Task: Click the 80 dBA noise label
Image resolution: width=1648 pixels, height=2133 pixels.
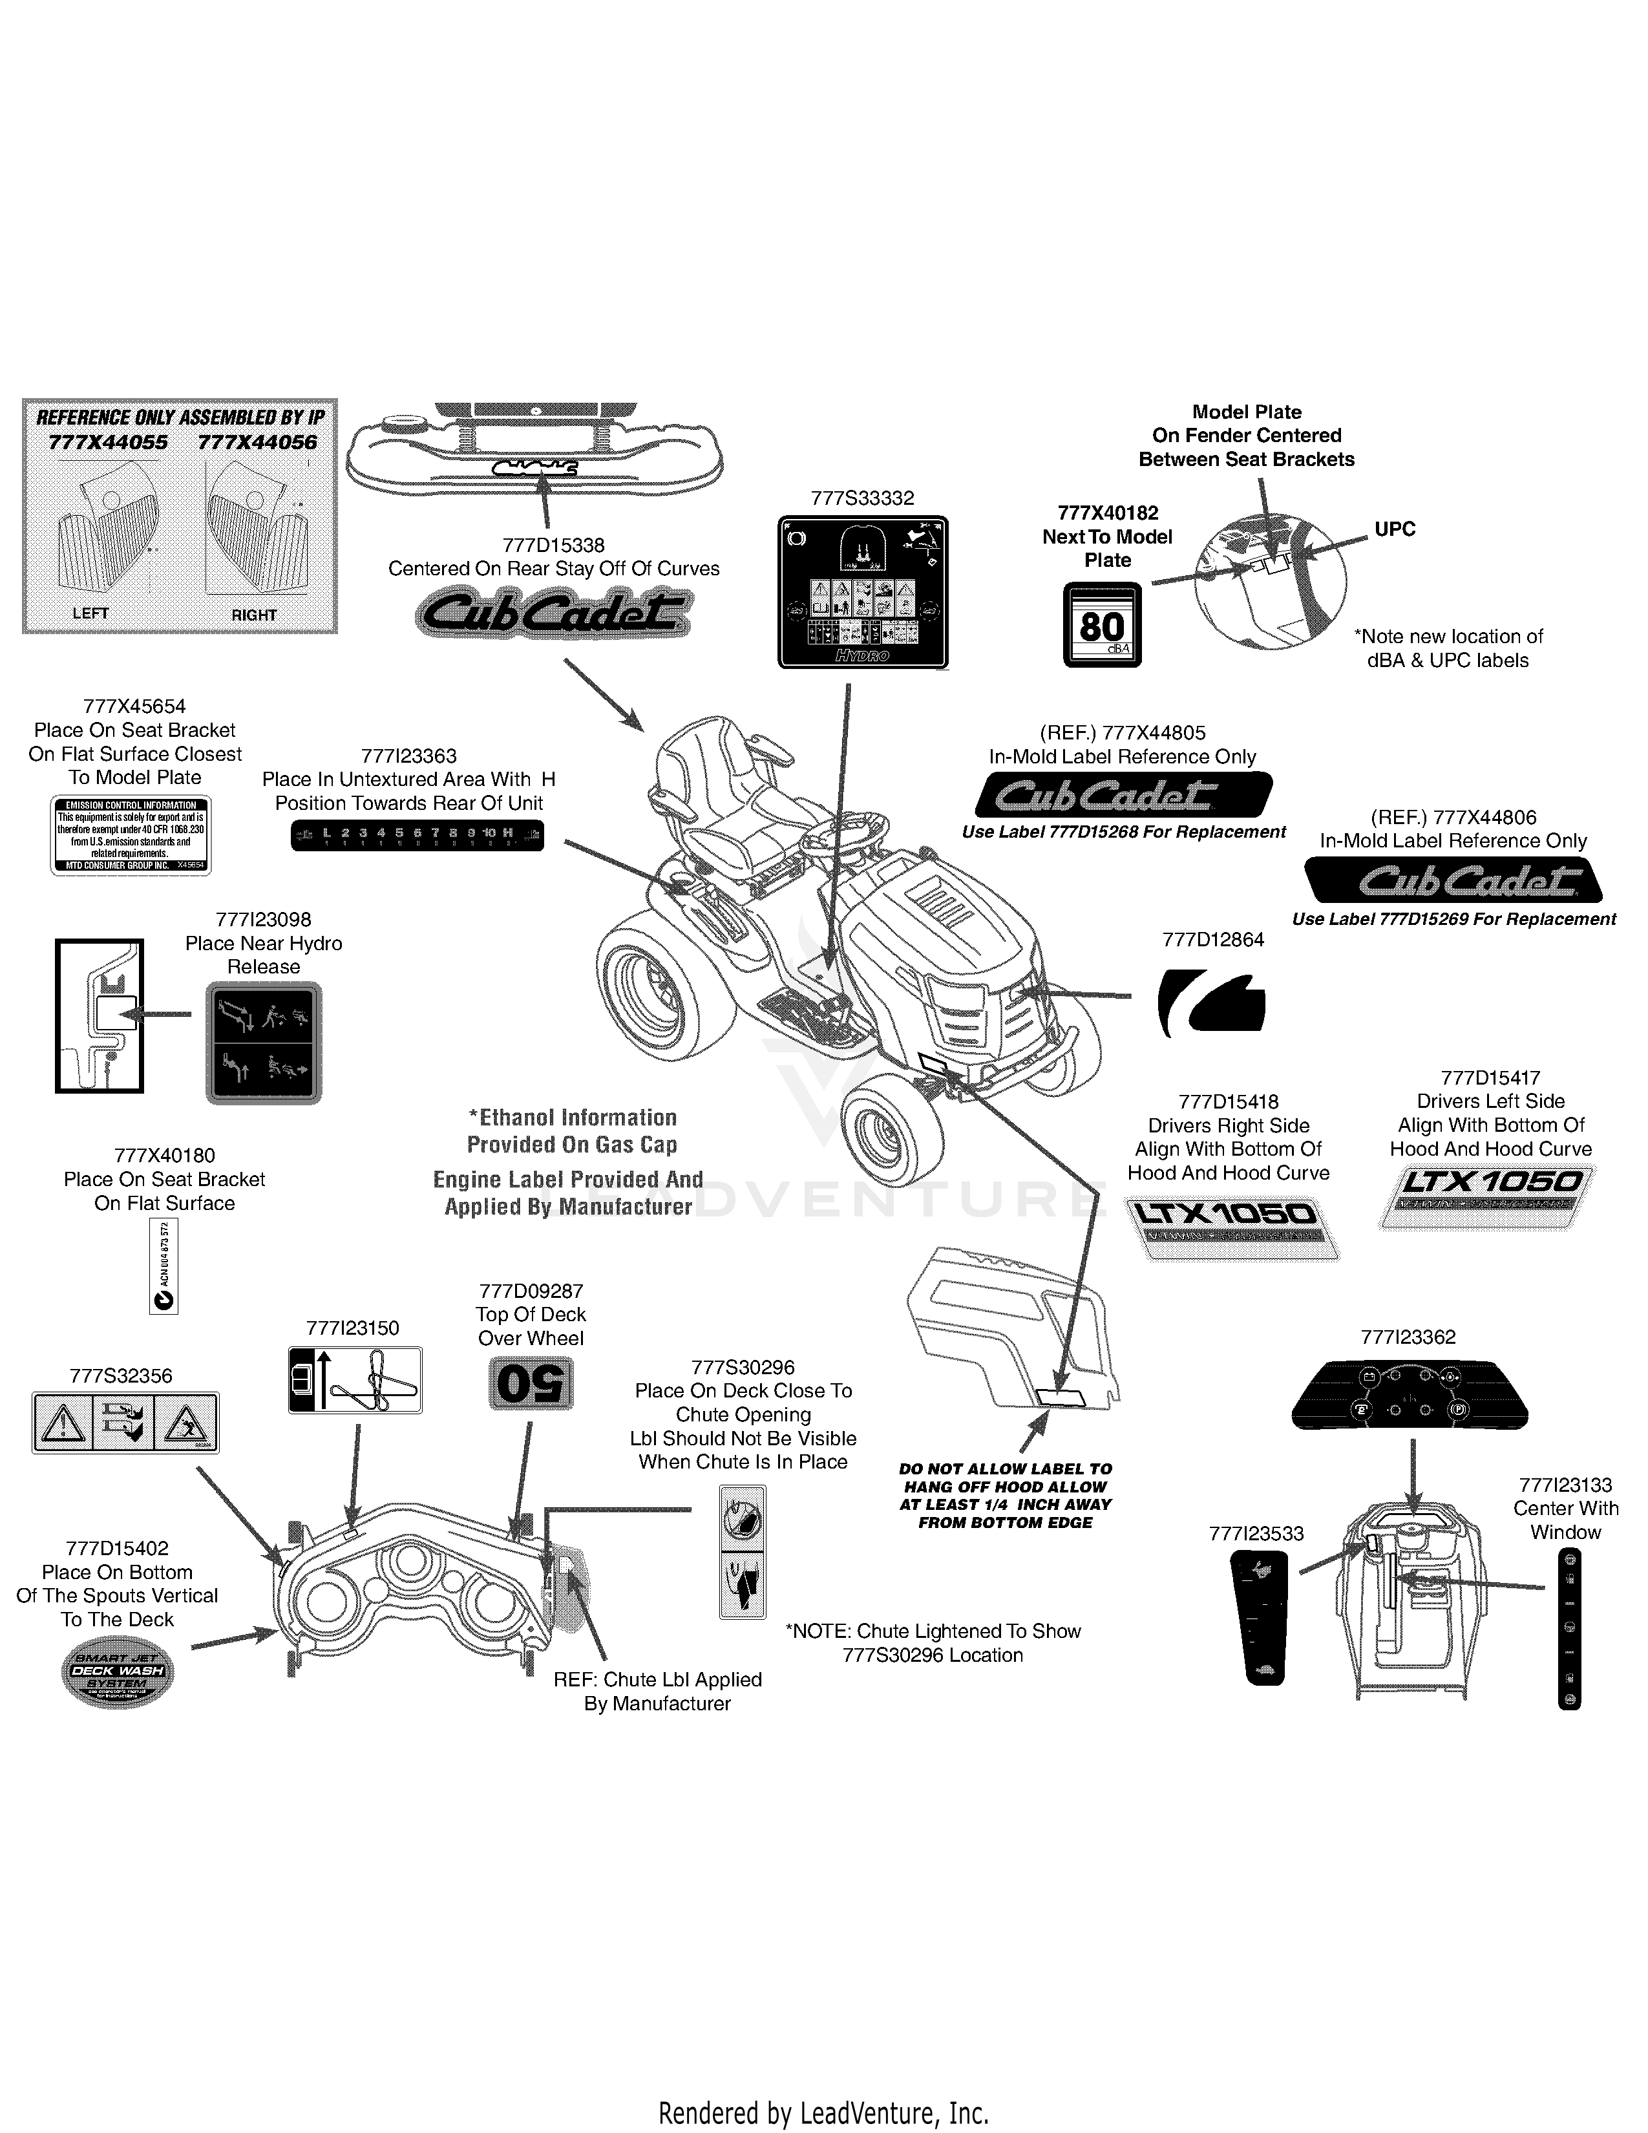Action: coord(1101,625)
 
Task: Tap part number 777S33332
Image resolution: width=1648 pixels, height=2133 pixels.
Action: coord(862,498)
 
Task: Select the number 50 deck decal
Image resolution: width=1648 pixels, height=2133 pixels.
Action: coord(530,1385)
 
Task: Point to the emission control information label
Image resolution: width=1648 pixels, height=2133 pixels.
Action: coord(131,835)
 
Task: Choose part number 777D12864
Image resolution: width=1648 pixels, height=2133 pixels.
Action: coord(1212,940)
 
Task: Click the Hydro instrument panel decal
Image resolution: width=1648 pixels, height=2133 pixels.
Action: coord(862,592)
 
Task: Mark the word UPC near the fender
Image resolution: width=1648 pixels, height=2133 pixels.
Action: coord(1394,529)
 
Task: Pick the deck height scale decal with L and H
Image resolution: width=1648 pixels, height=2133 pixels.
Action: coord(417,835)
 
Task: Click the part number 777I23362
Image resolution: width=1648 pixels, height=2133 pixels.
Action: coord(1408,1337)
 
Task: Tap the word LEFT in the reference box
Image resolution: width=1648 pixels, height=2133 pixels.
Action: coord(90,613)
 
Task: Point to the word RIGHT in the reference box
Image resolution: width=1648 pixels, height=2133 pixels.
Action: coord(254,615)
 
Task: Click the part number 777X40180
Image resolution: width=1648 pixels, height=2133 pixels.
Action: coord(165,1156)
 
